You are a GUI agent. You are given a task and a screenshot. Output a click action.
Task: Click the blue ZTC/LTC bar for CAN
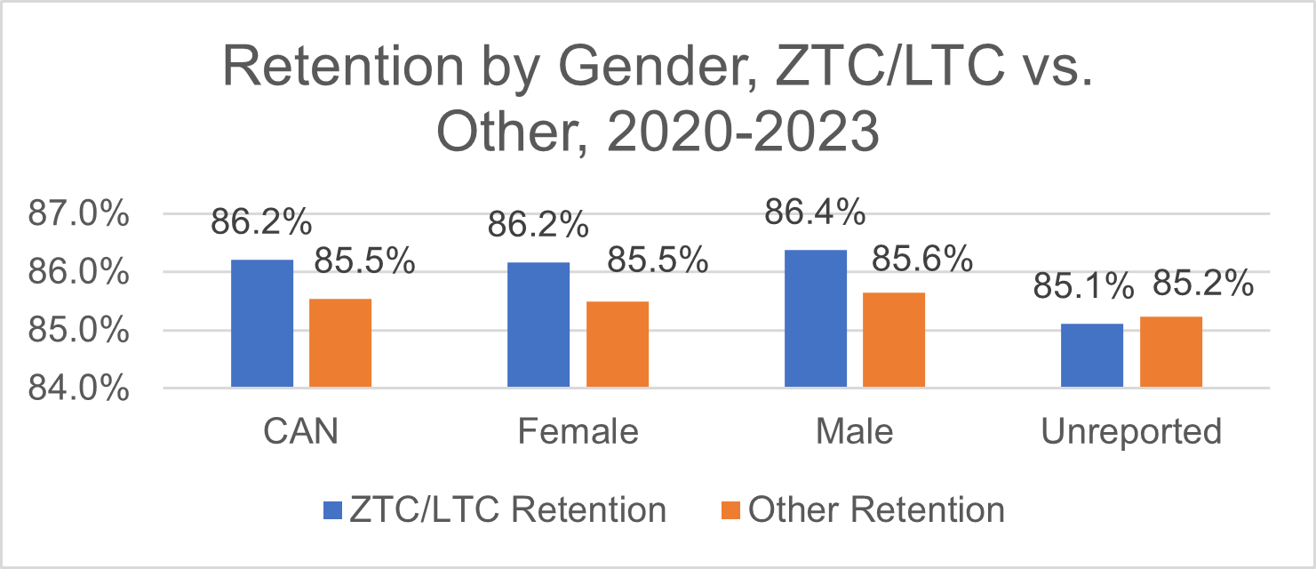coord(262,324)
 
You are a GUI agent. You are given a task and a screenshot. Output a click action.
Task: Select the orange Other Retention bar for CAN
coord(340,343)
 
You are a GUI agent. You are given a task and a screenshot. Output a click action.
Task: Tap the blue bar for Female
coord(538,325)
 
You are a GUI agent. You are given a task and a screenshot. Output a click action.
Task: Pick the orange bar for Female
coord(618,344)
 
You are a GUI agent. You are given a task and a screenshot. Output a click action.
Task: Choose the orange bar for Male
coord(894,340)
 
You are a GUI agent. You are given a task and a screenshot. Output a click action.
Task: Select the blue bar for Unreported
coord(1093,356)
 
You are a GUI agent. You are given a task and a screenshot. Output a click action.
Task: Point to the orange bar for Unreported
coord(1171,352)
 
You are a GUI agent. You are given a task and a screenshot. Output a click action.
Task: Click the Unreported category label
coord(1131,432)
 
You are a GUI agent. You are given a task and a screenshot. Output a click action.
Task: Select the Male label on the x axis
coord(855,432)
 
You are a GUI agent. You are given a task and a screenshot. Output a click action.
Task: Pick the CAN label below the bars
coord(301,432)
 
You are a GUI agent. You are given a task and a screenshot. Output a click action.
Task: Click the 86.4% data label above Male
coord(815,213)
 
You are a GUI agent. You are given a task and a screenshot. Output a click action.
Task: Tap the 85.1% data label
coord(1083,287)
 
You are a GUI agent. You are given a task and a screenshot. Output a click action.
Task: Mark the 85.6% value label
coord(922,259)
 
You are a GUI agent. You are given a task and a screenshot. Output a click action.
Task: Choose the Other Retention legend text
coord(876,510)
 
